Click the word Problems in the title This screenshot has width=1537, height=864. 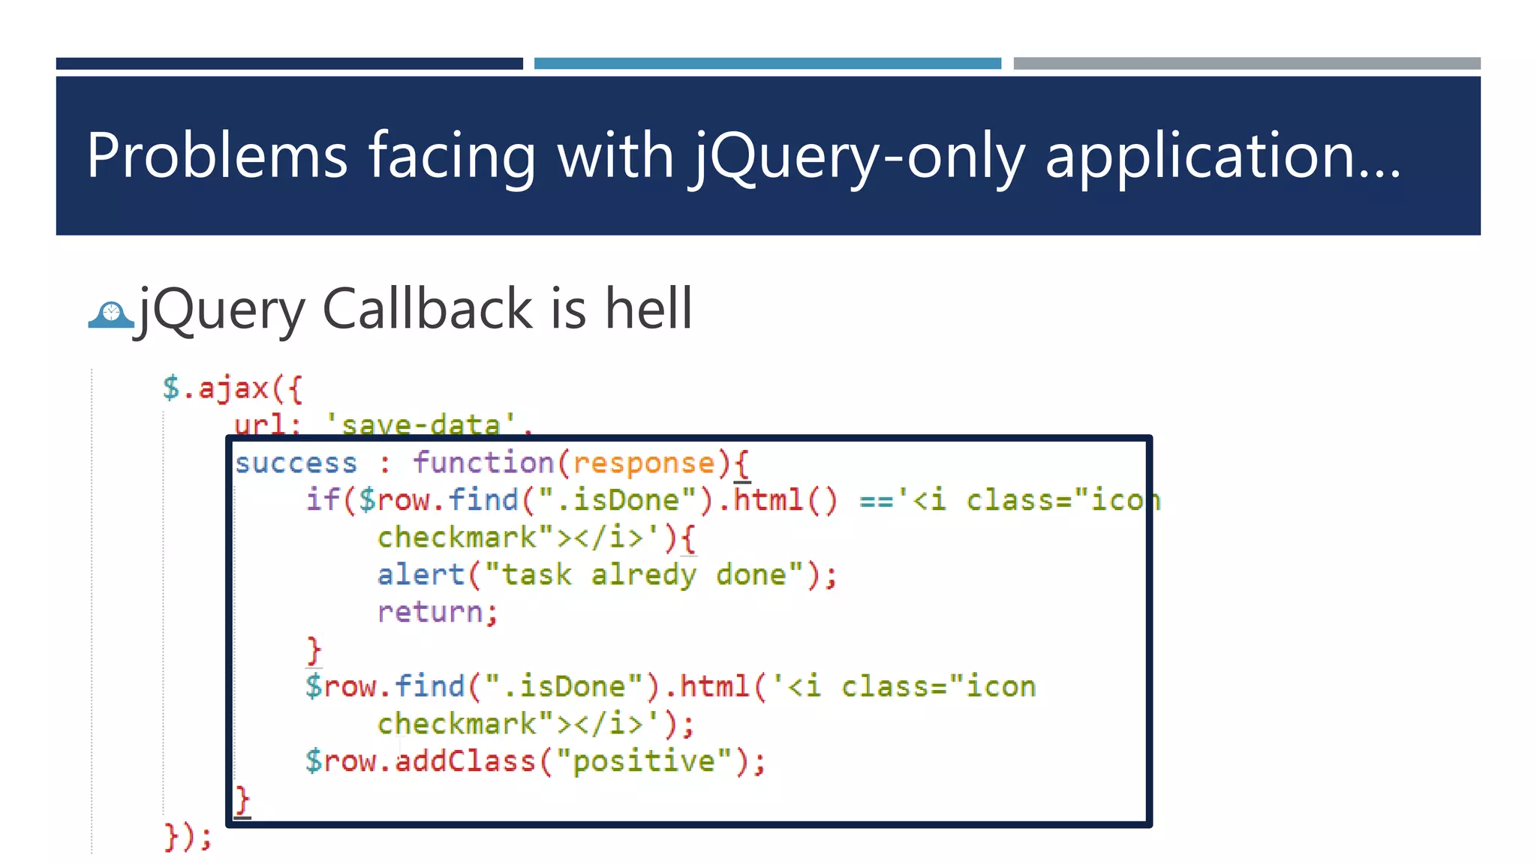[x=217, y=155]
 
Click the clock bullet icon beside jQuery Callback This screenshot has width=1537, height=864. [x=111, y=314]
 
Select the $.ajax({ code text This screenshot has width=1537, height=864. [x=232, y=388]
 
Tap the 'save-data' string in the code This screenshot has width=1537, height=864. [x=420, y=424]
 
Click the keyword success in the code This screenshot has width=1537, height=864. [x=296, y=463]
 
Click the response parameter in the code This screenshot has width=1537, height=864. [x=644, y=463]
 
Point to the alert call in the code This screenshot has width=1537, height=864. [x=420, y=574]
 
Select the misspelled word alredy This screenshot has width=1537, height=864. [x=643, y=574]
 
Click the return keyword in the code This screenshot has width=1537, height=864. [x=429, y=612]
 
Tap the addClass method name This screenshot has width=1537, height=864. [x=465, y=761]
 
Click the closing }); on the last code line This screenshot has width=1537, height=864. [x=188, y=836]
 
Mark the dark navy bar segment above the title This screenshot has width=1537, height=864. [x=289, y=64]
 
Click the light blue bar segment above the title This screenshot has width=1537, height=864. [x=767, y=64]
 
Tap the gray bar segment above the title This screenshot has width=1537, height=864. [x=1247, y=64]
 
